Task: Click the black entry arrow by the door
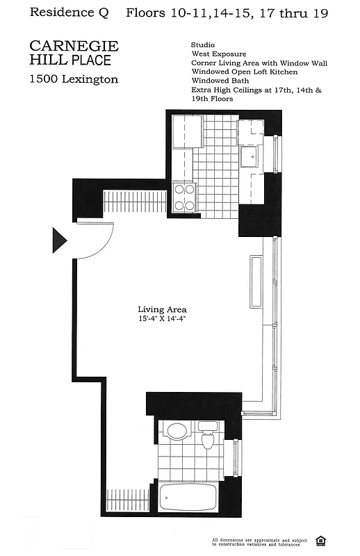pyautogui.click(x=59, y=240)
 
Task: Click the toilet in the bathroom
pyautogui.click(x=207, y=436)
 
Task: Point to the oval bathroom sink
pyautogui.click(x=177, y=431)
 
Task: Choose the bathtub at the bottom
pyautogui.click(x=188, y=498)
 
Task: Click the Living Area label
pyautogui.click(x=162, y=310)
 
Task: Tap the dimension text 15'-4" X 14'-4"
pyautogui.click(x=162, y=319)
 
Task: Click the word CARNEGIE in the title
pyautogui.click(x=74, y=47)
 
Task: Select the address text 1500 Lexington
pyautogui.click(x=73, y=79)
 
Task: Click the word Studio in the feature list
pyautogui.click(x=202, y=45)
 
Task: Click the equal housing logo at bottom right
pyautogui.click(x=320, y=541)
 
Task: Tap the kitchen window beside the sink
pyautogui.click(x=277, y=153)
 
